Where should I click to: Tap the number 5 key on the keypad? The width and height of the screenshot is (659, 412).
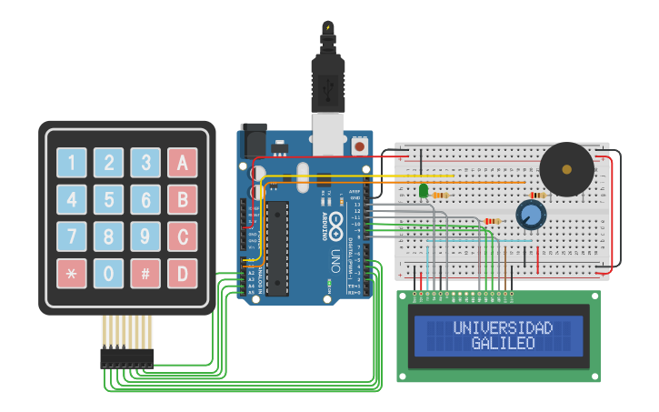[x=108, y=199]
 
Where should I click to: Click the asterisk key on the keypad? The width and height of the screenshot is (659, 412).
[x=72, y=273]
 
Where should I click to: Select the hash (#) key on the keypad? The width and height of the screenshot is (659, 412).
[x=145, y=273]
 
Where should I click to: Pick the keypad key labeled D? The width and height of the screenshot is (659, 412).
[x=182, y=273]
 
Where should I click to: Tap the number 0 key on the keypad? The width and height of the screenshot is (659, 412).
[x=108, y=273]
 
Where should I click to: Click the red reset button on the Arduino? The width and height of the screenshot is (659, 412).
[x=359, y=146]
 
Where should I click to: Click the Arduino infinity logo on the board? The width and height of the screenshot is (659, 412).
[x=335, y=223]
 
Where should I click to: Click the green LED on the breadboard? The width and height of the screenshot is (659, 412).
[x=424, y=190]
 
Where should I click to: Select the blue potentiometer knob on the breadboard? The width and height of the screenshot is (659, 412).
[x=530, y=216]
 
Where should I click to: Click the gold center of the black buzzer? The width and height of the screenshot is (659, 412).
[x=567, y=168]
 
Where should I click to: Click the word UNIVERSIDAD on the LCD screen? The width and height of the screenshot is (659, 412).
[x=503, y=327]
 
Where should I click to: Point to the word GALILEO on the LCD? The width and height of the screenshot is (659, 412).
[x=503, y=344]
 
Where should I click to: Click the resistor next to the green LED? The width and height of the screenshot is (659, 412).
[x=442, y=195]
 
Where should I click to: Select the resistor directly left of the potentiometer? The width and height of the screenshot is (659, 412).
[x=493, y=220]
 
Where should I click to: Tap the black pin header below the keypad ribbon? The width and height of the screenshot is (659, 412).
[x=126, y=358]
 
